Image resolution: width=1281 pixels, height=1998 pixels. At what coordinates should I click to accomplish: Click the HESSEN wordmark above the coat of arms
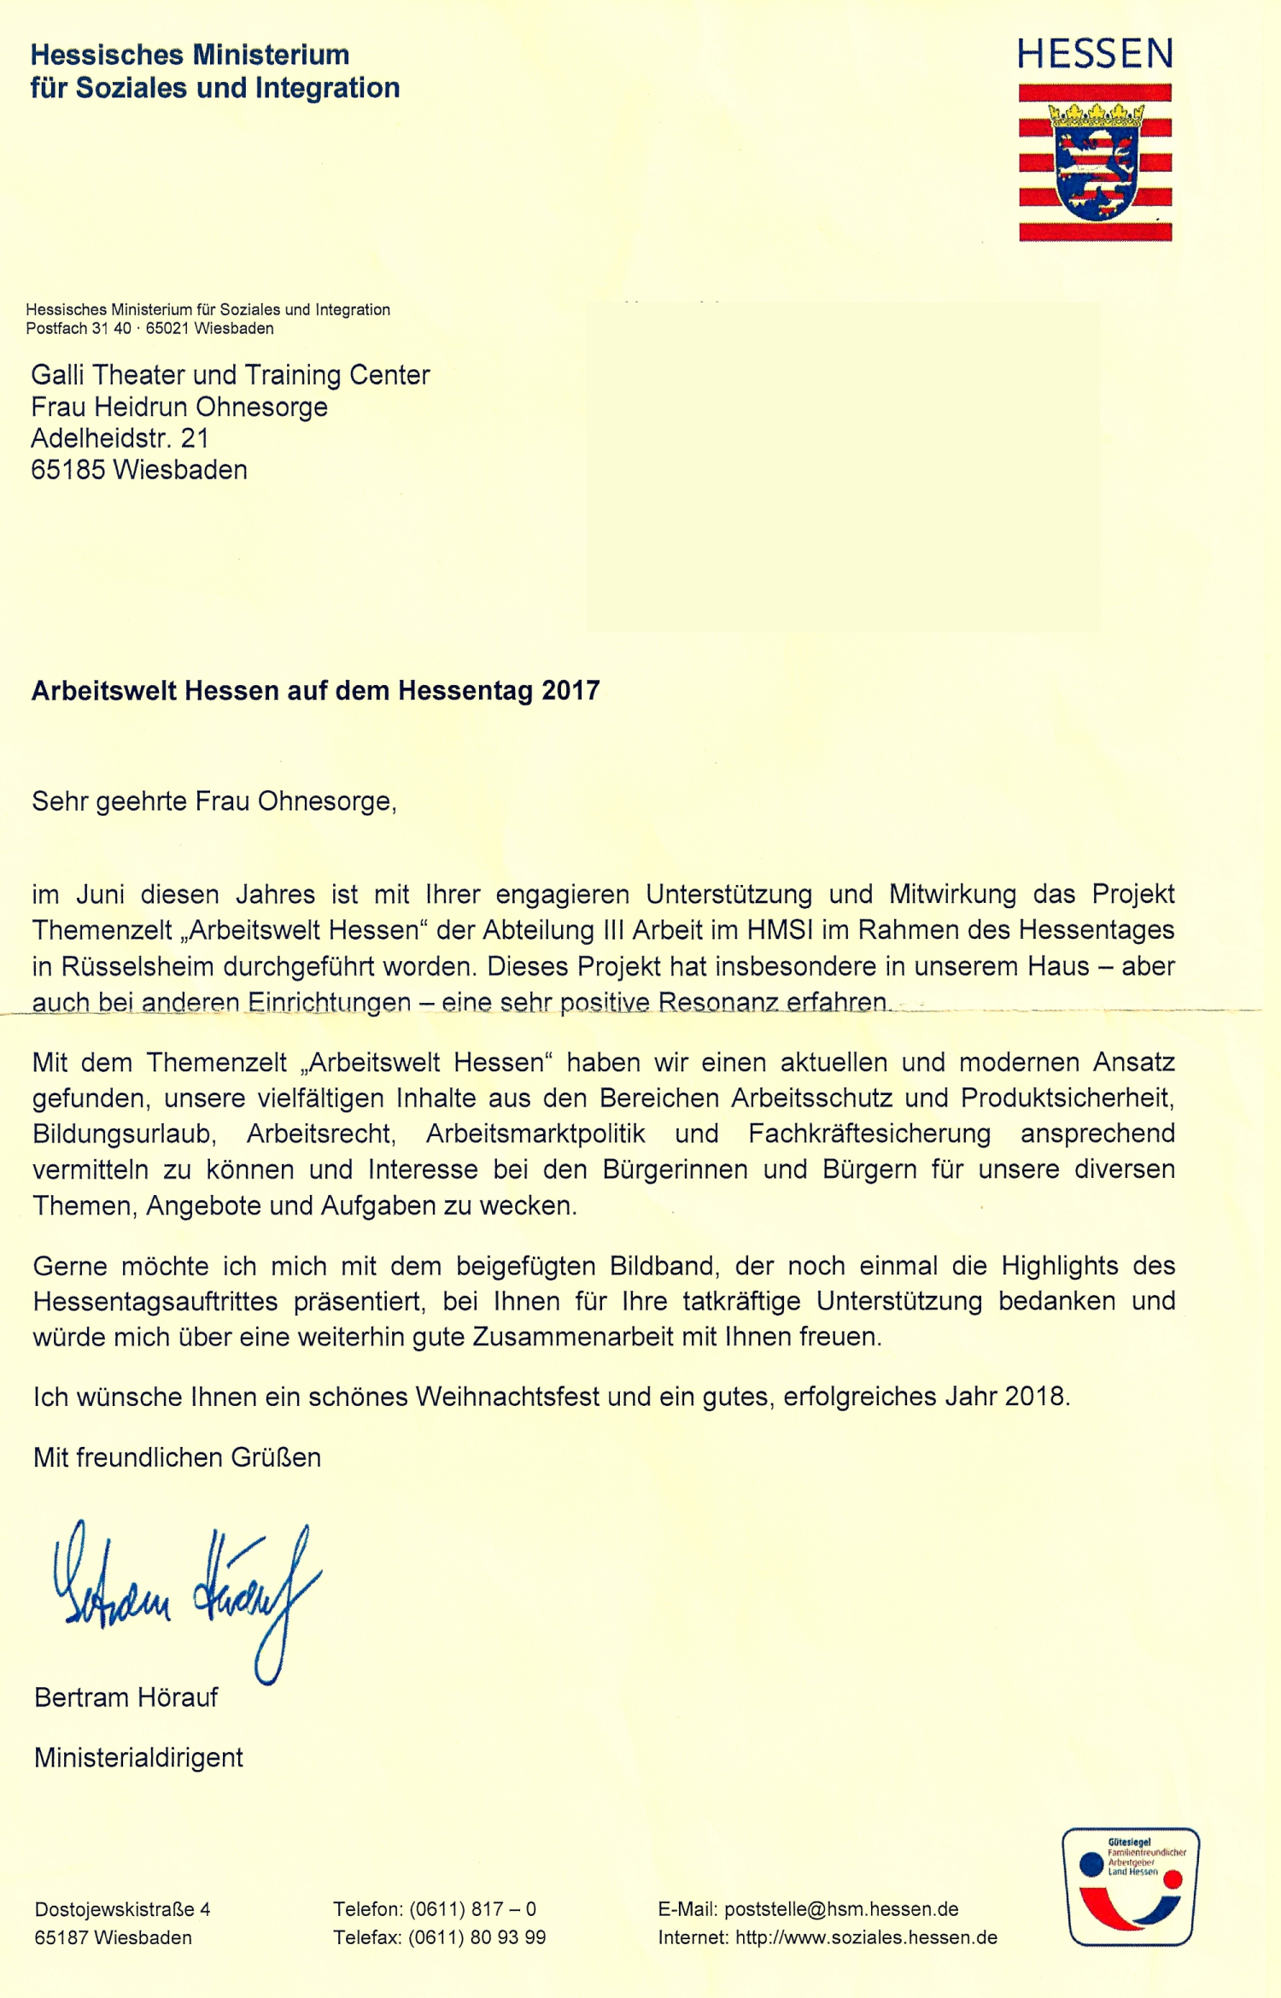[x=1095, y=54]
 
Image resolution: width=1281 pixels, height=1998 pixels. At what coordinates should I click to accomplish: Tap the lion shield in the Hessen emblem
[x=1095, y=172]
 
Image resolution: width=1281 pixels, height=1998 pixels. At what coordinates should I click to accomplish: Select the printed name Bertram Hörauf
[x=126, y=1696]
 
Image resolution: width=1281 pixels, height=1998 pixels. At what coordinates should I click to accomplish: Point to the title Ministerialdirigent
[x=138, y=1757]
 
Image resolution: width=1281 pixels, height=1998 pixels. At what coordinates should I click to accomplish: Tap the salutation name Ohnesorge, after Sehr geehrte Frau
[x=326, y=801]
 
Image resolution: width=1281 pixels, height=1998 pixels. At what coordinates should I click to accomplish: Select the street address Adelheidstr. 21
[x=120, y=438]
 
